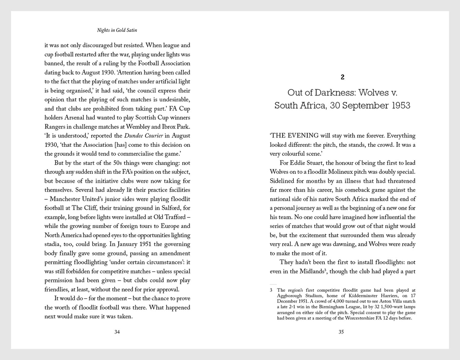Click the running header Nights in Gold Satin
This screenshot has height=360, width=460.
(x=117, y=31)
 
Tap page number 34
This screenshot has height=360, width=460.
(x=117, y=332)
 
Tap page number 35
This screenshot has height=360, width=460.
(x=341, y=332)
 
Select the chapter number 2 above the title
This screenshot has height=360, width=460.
(x=342, y=77)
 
